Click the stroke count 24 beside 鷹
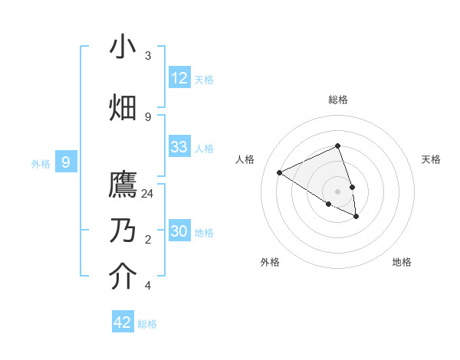coord(148,194)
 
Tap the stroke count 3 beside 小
coord(148,56)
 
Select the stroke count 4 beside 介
coord(148,286)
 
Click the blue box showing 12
coord(179,78)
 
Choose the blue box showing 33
coord(179,147)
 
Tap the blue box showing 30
coord(179,231)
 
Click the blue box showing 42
coord(123,322)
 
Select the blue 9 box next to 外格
coord(66,162)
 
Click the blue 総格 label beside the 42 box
coord(147,324)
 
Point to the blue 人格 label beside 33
coord(204,149)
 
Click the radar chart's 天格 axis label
coord(431,159)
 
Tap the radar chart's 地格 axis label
coord(402,262)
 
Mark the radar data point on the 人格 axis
coord(279,172)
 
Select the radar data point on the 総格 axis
coord(337,146)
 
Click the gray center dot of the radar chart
coord(337,191)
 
